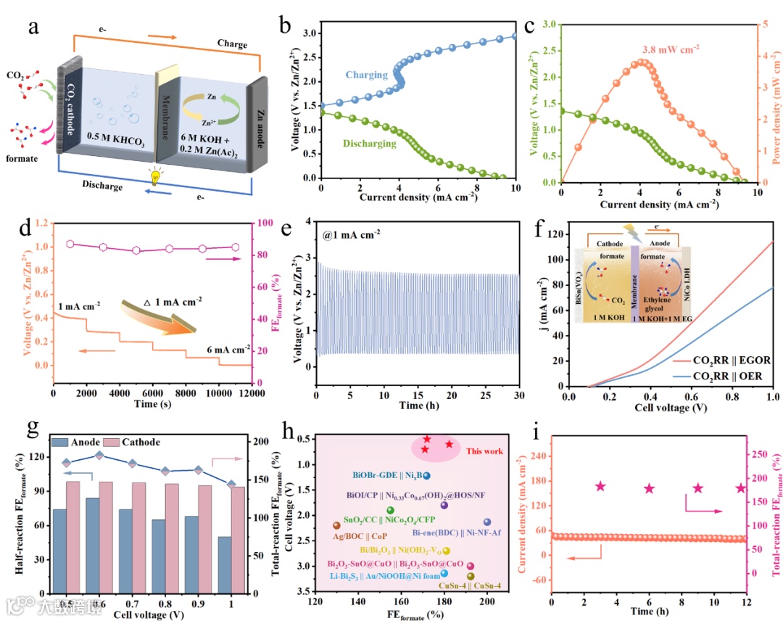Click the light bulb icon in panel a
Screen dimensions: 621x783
pyautogui.click(x=154, y=177)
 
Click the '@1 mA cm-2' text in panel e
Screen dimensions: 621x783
pyautogui.click(x=352, y=235)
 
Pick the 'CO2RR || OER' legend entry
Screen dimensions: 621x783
pyautogui.click(x=726, y=376)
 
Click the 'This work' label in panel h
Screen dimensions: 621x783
pyautogui.click(x=484, y=451)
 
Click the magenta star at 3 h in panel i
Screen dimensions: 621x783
pyautogui.click(x=600, y=486)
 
